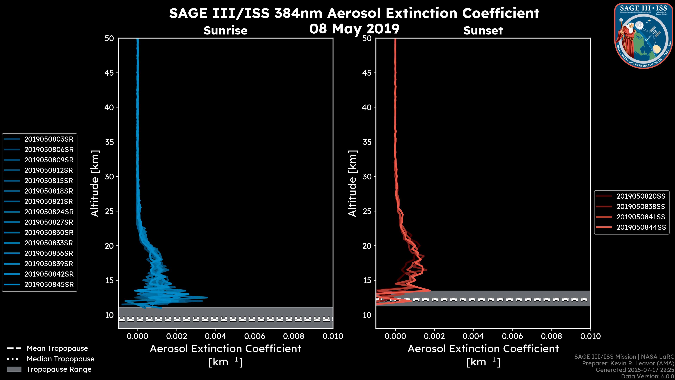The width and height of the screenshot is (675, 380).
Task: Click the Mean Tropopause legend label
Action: pyautogui.click(x=57, y=349)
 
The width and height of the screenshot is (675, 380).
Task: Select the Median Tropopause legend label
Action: pyautogui.click(x=60, y=359)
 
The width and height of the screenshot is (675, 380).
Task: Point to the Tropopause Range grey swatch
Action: pyautogui.click(x=14, y=369)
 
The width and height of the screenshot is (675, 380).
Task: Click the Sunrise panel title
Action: pyautogui.click(x=225, y=31)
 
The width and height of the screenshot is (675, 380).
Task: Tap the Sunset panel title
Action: pyautogui.click(x=483, y=31)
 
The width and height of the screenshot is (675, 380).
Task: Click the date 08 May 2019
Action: pyautogui.click(x=354, y=29)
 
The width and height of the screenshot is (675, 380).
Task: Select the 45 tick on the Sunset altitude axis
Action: pyautogui.click(x=367, y=73)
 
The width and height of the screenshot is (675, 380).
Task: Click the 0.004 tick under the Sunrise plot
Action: pyautogui.click(x=216, y=336)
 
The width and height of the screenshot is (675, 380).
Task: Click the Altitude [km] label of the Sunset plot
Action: pyautogui.click(x=352, y=183)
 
